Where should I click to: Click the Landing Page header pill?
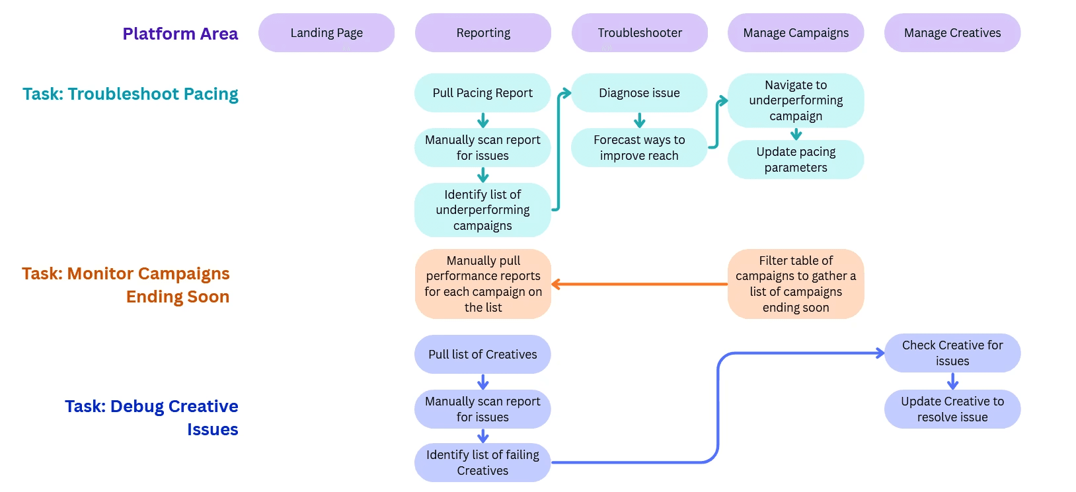click(x=327, y=33)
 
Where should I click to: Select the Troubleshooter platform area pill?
click(x=640, y=33)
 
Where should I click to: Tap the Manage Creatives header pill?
click(x=952, y=33)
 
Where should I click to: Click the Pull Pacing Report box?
click(x=482, y=93)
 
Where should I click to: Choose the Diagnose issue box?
click(x=639, y=93)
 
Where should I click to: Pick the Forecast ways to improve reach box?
click(x=639, y=148)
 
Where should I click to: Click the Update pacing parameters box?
click(x=796, y=160)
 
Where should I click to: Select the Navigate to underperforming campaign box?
click(x=796, y=100)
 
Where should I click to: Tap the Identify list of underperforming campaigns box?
click(x=482, y=210)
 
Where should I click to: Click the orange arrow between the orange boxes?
click(x=639, y=285)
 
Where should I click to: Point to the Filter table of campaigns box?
click(x=796, y=284)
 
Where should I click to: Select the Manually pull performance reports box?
click(x=483, y=284)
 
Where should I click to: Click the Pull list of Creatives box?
click(x=482, y=355)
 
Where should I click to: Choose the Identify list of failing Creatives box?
click(x=482, y=463)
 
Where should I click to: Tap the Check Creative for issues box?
click(x=952, y=353)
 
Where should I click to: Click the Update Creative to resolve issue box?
click(x=952, y=409)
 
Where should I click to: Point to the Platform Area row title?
click(x=180, y=34)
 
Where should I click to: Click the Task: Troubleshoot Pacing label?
click(x=130, y=94)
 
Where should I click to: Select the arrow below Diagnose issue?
click(x=640, y=120)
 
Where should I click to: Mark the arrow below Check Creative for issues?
click(x=952, y=381)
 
